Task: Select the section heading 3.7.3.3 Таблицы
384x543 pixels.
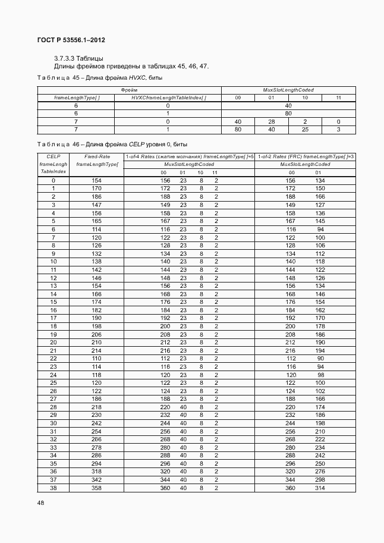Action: point(78,58)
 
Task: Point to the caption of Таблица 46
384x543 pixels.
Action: point(112,145)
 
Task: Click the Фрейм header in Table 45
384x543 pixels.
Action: point(130,90)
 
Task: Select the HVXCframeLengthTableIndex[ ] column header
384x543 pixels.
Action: point(168,98)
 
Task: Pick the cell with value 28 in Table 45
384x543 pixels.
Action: point(271,121)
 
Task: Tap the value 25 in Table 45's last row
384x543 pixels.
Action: point(305,129)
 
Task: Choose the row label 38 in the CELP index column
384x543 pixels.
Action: point(53,488)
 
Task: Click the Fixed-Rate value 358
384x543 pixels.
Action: point(97,488)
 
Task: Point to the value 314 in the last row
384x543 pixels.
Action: point(320,488)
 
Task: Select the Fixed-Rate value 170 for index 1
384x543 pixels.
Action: point(97,189)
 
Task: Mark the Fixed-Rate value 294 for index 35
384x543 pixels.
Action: point(97,463)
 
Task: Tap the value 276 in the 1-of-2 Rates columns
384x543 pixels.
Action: point(320,472)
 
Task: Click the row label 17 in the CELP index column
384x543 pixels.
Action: point(53,318)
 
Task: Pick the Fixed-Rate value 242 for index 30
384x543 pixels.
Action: point(97,423)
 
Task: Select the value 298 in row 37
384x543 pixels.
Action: point(320,480)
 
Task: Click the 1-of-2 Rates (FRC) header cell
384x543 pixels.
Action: point(306,156)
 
